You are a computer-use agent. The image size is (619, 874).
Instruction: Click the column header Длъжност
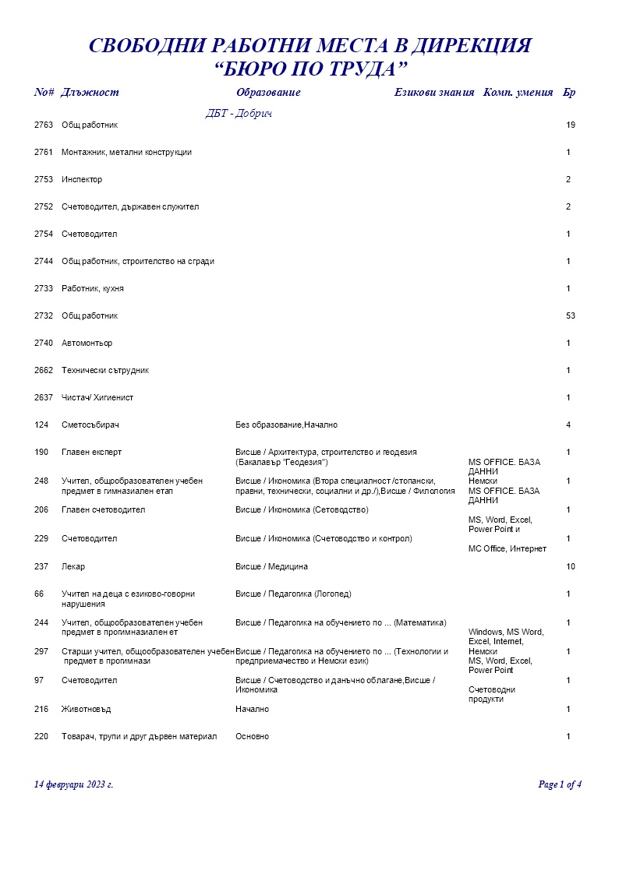point(90,93)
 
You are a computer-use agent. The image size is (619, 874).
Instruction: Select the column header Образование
point(268,93)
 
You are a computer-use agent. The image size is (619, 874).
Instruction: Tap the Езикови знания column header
point(434,93)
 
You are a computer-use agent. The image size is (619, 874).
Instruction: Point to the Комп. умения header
point(518,93)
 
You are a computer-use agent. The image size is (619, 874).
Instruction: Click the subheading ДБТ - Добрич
point(239,114)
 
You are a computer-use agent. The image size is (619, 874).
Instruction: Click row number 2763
point(44,125)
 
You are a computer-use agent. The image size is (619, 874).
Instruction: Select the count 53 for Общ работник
point(571,315)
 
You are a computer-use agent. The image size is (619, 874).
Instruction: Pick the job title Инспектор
point(82,179)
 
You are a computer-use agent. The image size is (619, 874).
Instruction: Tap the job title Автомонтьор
point(87,343)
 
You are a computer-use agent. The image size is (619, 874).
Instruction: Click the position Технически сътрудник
point(105,370)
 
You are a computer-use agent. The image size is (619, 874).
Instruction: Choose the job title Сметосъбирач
point(90,425)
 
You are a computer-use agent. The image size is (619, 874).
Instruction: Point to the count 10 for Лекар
point(571,566)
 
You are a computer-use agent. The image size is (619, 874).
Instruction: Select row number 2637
point(44,397)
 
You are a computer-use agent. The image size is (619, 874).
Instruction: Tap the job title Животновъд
point(87,709)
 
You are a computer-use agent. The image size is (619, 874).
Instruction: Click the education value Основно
point(252,736)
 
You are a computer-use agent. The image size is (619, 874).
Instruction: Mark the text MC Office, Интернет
point(507,548)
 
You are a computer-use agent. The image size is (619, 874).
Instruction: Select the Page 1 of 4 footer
point(560,784)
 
